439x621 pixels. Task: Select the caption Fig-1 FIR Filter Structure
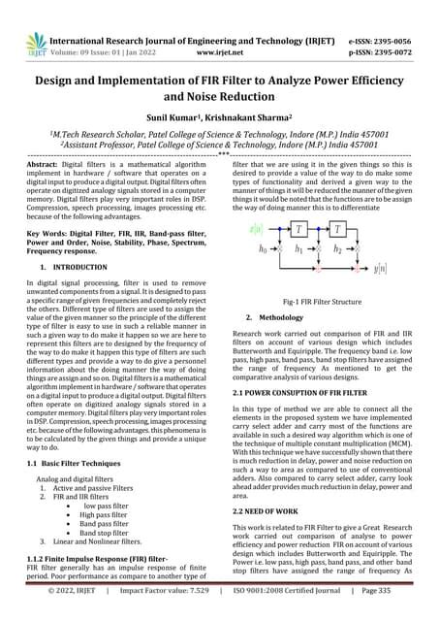click(321, 303)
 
